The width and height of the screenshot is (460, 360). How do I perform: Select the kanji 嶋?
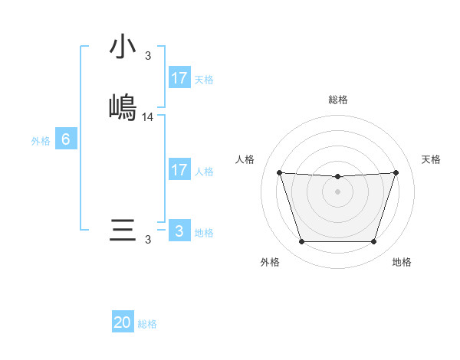click(123, 106)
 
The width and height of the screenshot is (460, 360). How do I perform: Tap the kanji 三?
click(123, 231)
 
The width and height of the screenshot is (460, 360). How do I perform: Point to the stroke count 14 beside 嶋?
click(148, 117)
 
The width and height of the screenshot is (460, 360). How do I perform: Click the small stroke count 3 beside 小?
click(148, 55)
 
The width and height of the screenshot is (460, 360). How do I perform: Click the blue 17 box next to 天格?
click(179, 78)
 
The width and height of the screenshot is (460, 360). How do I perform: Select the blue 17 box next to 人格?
click(179, 170)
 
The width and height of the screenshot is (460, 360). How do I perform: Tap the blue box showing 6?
click(65, 139)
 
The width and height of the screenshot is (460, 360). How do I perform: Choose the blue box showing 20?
click(123, 322)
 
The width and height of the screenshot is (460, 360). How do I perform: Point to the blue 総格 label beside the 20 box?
click(147, 324)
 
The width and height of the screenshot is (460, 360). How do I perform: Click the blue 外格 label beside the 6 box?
click(40, 141)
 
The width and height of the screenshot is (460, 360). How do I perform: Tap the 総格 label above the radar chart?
click(338, 100)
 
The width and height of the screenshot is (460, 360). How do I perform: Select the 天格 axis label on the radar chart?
click(431, 159)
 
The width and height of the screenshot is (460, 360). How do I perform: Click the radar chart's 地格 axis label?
click(402, 262)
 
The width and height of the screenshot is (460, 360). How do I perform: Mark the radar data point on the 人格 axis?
click(279, 172)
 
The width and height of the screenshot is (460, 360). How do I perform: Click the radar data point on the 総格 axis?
click(337, 177)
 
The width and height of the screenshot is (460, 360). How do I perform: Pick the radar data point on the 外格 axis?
click(301, 242)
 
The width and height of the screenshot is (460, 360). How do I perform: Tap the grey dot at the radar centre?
click(337, 191)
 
